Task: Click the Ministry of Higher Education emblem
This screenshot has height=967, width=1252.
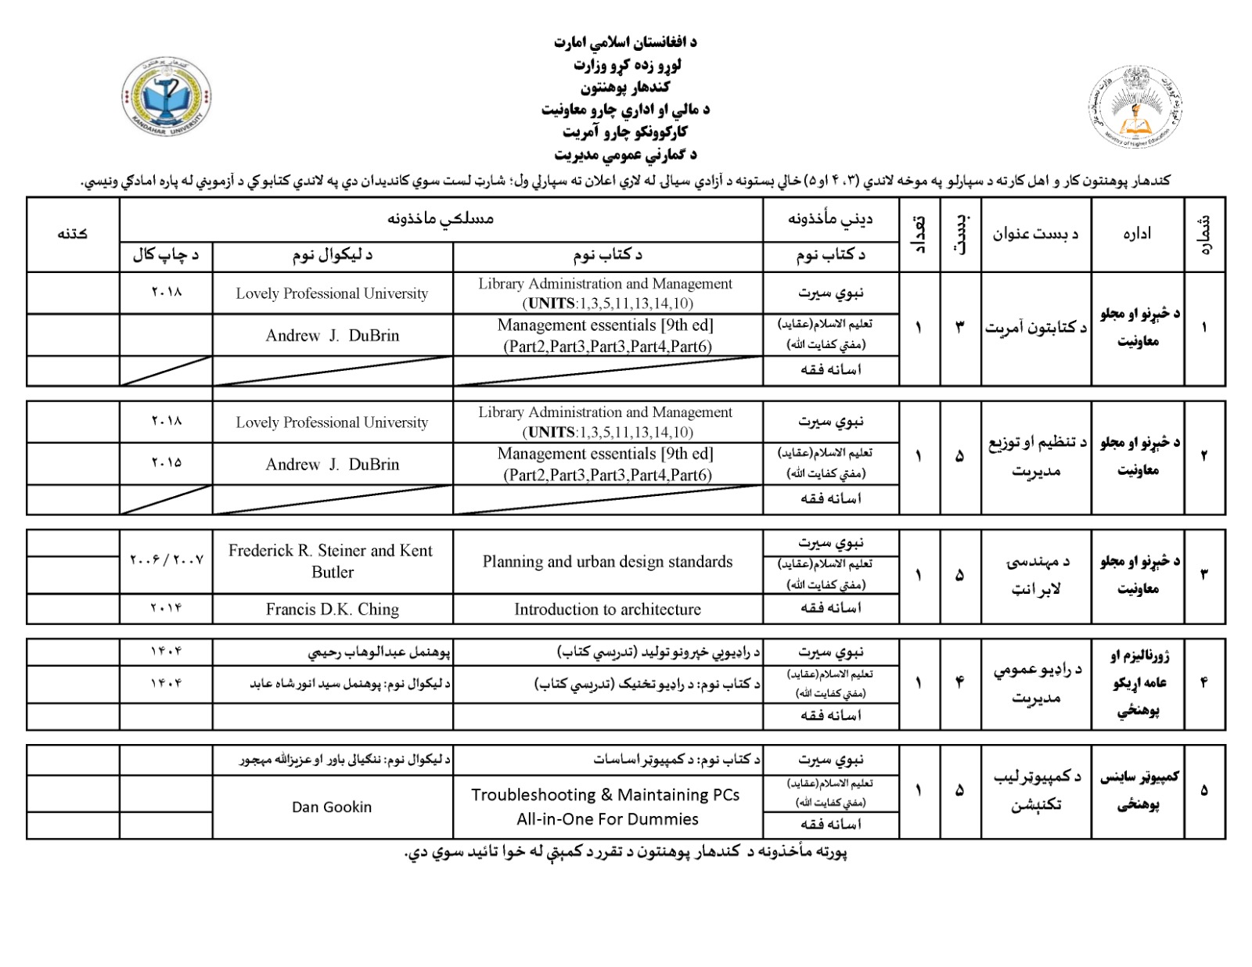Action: pyautogui.click(x=1135, y=106)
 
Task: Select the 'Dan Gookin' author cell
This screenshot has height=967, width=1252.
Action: pyautogui.click(x=332, y=807)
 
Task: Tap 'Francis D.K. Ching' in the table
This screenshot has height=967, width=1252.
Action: pyautogui.click(x=332, y=609)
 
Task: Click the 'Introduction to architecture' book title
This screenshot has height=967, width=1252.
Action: pyautogui.click(x=607, y=609)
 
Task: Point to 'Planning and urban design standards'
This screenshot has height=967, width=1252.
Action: pyautogui.click(x=607, y=561)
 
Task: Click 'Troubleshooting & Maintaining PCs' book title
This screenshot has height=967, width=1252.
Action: pyautogui.click(x=606, y=795)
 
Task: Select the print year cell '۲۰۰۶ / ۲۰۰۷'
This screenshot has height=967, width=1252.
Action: pyautogui.click(x=166, y=560)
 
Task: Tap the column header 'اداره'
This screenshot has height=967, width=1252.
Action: pyautogui.click(x=1137, y=233)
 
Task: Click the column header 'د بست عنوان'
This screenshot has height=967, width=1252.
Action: pyautogui.click(x=1035, y=233)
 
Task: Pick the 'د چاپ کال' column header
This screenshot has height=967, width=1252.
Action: pyautogui.click(x=166, y=254)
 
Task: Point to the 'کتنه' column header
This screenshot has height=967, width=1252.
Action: pyautogui.click(x=72, y=233)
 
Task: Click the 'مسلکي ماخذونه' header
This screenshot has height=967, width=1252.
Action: pyautogui.click(x=441, y=218)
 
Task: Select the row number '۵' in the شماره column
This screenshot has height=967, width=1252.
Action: pyautogui.click(x=1203, y=790)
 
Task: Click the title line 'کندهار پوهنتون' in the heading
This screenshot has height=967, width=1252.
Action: pyautogui.click(x=624, y=87)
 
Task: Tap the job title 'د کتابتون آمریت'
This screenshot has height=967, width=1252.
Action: pyautogui.click(x=1035, y=328)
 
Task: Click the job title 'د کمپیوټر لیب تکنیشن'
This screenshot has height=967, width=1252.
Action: pyautogui.click(x=1035, y=790)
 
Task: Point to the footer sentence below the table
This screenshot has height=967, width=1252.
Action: pyautogui.click(x=625, y=851)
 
